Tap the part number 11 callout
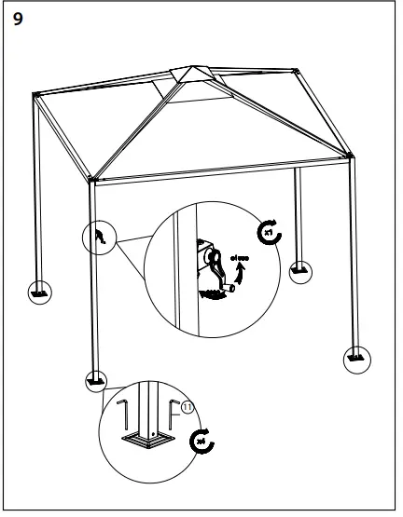187,407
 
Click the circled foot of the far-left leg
38,291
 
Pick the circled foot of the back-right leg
300,271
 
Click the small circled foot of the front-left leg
95,380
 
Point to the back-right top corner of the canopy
295,73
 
